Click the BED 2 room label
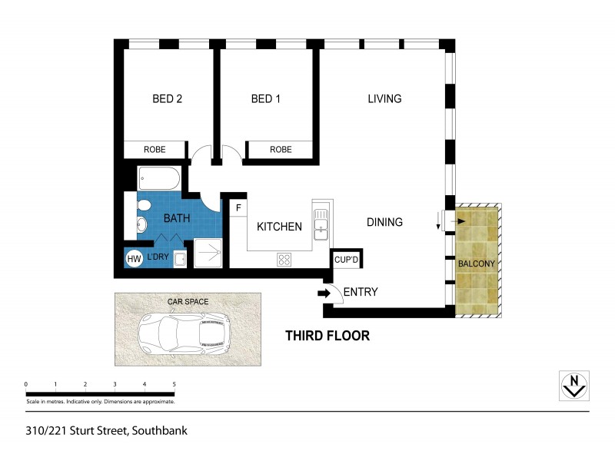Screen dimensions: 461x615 pos(167,99)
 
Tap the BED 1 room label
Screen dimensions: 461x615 pos(265,99)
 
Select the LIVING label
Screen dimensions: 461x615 pos(384,98)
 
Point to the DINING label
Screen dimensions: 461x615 pos(384,223)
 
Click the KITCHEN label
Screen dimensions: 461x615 pos(279,227)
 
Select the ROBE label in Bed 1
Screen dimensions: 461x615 pos(280,150)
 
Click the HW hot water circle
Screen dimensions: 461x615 pos(135,259)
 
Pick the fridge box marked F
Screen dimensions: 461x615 pos(238,208)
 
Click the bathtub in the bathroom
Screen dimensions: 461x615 pos(159,180)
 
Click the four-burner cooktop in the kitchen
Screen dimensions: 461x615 pos(284,260)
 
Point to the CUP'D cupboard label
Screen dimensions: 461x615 pos(347,260)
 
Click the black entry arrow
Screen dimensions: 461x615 pos(321,292)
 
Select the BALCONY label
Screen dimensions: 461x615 pos(477,264)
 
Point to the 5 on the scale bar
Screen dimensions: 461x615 pos(174,384)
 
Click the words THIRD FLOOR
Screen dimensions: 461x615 pos(327,336)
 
